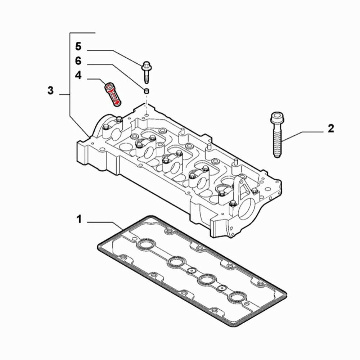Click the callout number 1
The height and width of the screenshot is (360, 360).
[79, 219]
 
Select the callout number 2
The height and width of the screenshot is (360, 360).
[330, 128]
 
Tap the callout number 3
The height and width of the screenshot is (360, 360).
[51, 90]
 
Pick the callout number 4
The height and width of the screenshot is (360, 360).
[78, 76]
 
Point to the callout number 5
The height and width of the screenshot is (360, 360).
[78, 46]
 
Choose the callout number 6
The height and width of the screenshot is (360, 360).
[78, 61]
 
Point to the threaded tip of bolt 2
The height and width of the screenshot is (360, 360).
[277, 153]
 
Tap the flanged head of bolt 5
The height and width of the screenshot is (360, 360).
[146, 66]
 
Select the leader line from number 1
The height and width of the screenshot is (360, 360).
[104, 223]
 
